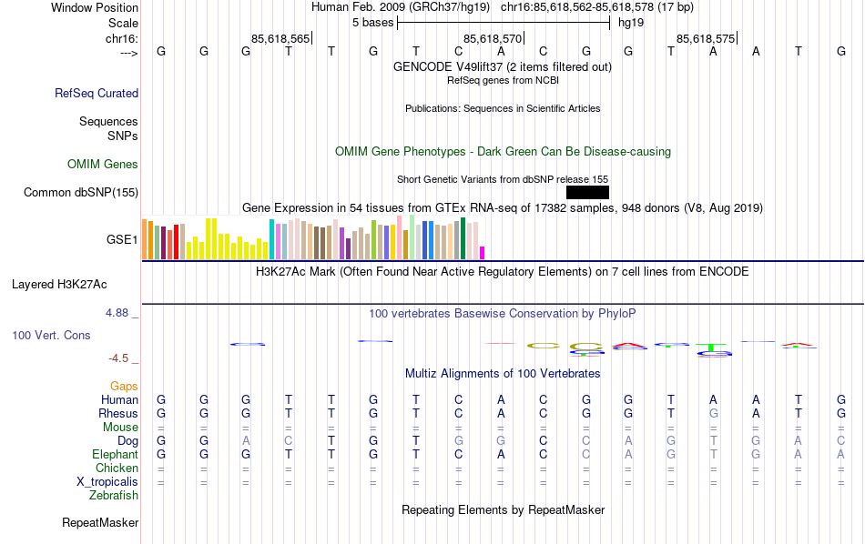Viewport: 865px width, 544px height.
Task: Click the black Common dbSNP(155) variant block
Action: pyautogui.click(x=587, y=192)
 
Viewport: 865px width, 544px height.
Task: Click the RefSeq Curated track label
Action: pyautogui.click(x=97, y=93)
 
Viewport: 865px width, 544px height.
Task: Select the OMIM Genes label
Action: pyautogui.click(x=103, y=165)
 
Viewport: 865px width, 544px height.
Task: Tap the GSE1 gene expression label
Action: pyautogui.click(x=122, y=240)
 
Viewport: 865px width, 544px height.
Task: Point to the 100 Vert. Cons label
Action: pyautogui.click(x=51, y=336)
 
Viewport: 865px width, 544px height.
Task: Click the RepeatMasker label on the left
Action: pyautogui.click(x=100, y=523)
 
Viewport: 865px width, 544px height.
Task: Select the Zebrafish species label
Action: pyautogui.click(x=114, y=496)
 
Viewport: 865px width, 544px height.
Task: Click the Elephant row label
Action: pyautogui.click(x=115, y=455)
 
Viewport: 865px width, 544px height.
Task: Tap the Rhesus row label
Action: pyautogui.click(x=117, y=414)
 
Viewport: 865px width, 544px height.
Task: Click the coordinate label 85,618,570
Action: pyautogui.click(x=493, y=38)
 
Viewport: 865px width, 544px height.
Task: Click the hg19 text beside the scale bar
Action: pyautogui.click(x=631, y=22)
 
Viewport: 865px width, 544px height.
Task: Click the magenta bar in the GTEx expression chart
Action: pyautogui.click(x=483, y=253)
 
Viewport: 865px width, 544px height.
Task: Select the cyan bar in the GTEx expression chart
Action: pyautogui.click(x=271, y=239)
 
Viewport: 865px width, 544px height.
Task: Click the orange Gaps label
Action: pyautogui.click(x=124, y=387)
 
